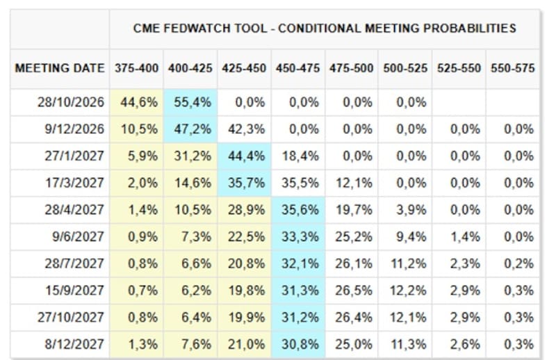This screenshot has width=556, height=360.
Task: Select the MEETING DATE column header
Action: pyautogui.click(x=60, y=67)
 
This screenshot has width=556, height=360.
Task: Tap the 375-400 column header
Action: pyautogui.click(x=136, y=67)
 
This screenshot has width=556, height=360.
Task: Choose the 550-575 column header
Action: pyautogui.click(x=512, y=67)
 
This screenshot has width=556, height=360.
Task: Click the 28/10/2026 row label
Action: pyautogui.click(x=71, y=102)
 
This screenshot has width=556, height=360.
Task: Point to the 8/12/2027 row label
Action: pyautogui.click(x=74, y=344)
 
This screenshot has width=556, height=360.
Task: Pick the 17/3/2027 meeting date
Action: pyautogui.click(x=74, y=183)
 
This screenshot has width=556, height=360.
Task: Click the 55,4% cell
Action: pyautogui.click(x=193, y=102)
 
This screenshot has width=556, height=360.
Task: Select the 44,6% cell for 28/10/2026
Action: pyautogui.click(x=139, y=102)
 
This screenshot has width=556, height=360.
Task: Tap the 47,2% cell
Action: pyautogui.click(x=193, y=129)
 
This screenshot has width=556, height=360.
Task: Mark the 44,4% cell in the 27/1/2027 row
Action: pyautogui.click(x=247, y=156)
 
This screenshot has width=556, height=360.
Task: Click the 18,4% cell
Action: pyautogui.click(x=300, y=156)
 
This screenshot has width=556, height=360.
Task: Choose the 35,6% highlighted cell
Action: pyautogui.click(x=300, y=210)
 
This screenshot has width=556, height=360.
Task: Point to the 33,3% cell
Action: pyautogui.click(x=300, y=236)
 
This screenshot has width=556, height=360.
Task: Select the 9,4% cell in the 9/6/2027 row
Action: pyautogui.click(x=411, y=236)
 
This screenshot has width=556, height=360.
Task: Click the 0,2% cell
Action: pyautogui.click(x=518, y=263)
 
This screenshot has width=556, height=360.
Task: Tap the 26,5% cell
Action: pyautogui.click(x=354, y=291)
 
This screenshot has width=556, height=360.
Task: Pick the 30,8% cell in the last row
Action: pyautogui.click(x=300, y=344)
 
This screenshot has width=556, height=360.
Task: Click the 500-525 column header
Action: pyautogui.click(x=405, y=67)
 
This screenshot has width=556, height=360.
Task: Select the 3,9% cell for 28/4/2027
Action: pyautogui.click(x=411, y=210)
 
